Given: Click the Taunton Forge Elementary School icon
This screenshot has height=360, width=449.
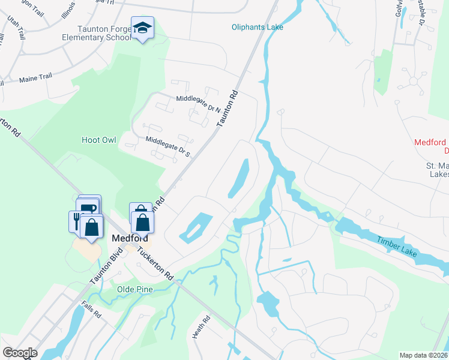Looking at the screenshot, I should point(143,28).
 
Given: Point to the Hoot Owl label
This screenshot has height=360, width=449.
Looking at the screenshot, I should point(98,140).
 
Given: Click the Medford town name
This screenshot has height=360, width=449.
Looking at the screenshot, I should point(127,238).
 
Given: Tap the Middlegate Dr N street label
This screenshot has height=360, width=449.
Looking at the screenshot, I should point(198,103).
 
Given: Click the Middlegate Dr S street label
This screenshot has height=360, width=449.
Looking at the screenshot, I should point(168,146).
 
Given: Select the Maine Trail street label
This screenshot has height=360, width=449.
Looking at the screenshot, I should point(37,78).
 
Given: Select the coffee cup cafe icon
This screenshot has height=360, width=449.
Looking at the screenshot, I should point(89,207).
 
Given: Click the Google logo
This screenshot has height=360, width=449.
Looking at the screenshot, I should point(20,353).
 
